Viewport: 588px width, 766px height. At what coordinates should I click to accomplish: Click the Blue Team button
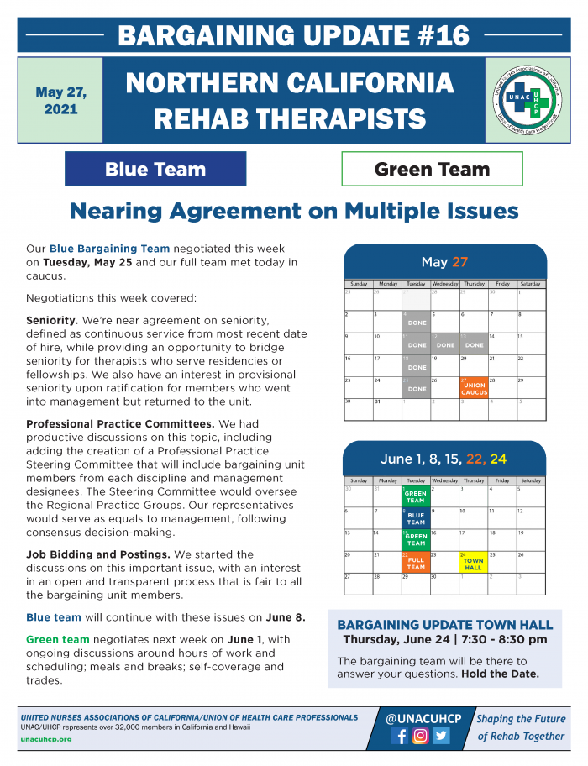(x=155, y=169)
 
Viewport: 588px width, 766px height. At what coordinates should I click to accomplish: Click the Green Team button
(x=432, y=169)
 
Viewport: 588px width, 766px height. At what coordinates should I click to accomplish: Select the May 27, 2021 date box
(x=60, y=101)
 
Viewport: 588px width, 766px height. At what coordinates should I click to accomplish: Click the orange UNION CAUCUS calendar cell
(x=474, y=387)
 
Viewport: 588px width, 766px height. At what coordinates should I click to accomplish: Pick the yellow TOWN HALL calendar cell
(x=473, y=561)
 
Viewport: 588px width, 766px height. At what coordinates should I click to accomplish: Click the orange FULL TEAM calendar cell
(x=416, y=561)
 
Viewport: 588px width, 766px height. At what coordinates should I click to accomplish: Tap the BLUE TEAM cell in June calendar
(x=416, y=517)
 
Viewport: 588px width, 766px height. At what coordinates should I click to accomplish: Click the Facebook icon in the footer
(x=400, y=736)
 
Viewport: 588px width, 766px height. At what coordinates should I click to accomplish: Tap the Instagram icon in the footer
(x=420, y=736)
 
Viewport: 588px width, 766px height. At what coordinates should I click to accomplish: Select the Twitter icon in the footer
(x=441, y=736)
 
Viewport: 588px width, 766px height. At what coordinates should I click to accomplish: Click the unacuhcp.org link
(x=46, y=739)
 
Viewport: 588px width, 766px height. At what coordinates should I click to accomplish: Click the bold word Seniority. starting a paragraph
(x=52, y=320)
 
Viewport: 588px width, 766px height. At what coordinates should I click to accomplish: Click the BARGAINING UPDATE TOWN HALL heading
(x=444, y=625)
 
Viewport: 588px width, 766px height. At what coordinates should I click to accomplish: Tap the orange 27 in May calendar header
(x=459, y=262)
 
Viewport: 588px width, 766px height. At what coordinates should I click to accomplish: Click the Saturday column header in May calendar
(x=530, y=284)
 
